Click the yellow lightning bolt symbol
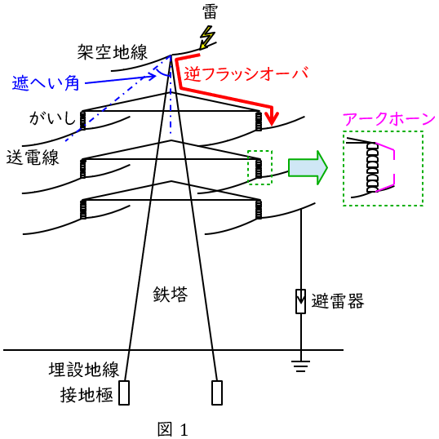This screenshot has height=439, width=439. tap(207, 38)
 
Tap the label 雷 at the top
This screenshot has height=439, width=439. tap(210, 12)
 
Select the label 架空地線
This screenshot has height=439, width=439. tap(113, 52)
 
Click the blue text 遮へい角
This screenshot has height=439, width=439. tap(46, 83)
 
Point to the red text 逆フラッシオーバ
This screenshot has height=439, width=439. tap(246, 73)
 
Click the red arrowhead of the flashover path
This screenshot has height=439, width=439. tap(272, 119)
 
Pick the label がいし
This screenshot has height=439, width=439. tap(52, 118)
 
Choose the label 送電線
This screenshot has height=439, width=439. tap(33, 157)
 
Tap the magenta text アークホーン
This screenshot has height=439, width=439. tap(388, 119)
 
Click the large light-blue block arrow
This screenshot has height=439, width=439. tap(308, 168)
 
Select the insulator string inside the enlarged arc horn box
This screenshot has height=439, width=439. tap(372, 167)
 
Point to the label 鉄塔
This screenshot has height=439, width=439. tap(170, 295)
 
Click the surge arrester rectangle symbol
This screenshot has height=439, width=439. tap(301, 301)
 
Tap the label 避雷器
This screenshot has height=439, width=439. tap(338, 301)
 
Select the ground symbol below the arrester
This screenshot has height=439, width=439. tap(301, 366)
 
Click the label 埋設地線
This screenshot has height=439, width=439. tap(84, 370)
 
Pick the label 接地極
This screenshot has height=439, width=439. tap(86, 395)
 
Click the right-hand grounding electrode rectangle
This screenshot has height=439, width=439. tap(217, 392)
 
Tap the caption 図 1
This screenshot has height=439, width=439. tap(173, 429)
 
